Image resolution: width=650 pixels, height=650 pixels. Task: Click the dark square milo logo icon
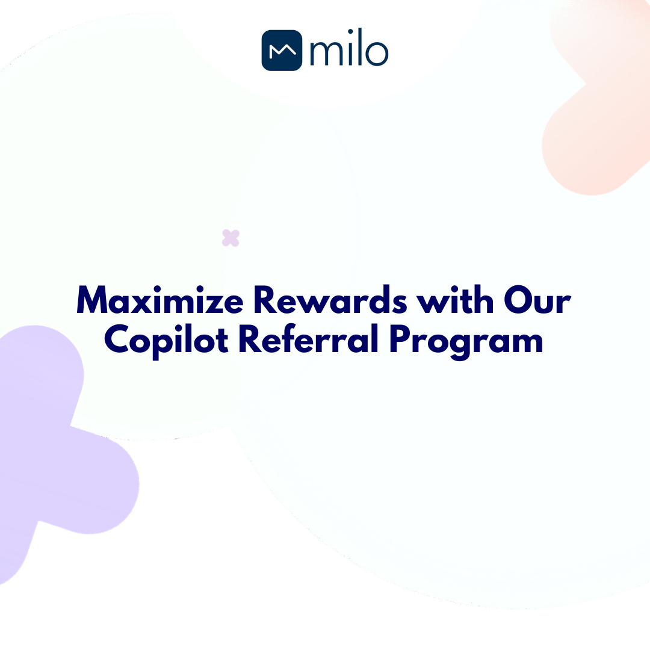[282, 50]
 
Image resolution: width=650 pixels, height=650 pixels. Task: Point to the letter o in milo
[377, 54]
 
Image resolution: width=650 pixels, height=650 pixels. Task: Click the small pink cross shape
[231, 238]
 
